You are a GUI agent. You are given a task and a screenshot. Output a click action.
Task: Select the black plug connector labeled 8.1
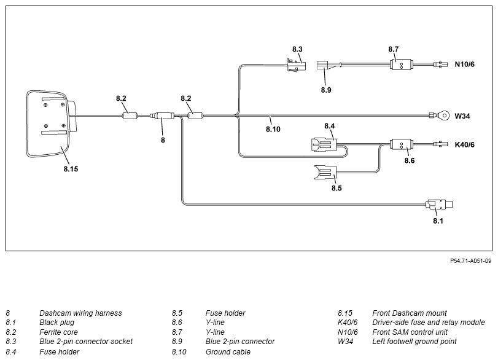tap(438, 204)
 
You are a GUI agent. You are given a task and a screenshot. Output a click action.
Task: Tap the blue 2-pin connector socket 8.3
tap(296, 65)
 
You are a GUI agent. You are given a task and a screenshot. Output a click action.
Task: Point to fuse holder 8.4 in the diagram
tap(324, 145)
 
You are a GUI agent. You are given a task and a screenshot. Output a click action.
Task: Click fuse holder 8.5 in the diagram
tap(325, 173)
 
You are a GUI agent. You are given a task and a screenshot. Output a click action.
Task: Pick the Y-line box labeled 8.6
tap(401, 145)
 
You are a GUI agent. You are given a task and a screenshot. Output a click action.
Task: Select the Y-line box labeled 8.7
tap(401, 65)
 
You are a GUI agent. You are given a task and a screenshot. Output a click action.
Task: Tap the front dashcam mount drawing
tap(51, 124)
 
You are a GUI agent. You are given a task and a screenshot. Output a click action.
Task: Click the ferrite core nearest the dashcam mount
tap(130, 115)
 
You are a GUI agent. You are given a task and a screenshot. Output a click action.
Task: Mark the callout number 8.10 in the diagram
tap(273, 129)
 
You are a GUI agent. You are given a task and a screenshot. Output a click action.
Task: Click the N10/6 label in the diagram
tap(464, 65)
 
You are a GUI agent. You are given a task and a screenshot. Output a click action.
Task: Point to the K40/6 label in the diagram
tap(464, 145)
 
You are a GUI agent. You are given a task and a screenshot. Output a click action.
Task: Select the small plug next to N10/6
tap(440, 65)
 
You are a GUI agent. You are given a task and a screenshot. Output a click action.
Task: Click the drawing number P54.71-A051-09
tap(471, 261)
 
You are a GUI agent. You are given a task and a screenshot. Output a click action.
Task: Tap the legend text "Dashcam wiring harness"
tap(80, 313)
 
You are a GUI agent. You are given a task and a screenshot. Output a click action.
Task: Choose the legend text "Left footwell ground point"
tap(414, 342)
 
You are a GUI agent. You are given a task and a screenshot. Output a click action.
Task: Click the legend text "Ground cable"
tap(228, 352)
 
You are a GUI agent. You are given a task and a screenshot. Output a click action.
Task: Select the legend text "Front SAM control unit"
tap(410, 332)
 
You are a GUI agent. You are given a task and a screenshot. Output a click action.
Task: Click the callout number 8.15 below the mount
tap(71, 169)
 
